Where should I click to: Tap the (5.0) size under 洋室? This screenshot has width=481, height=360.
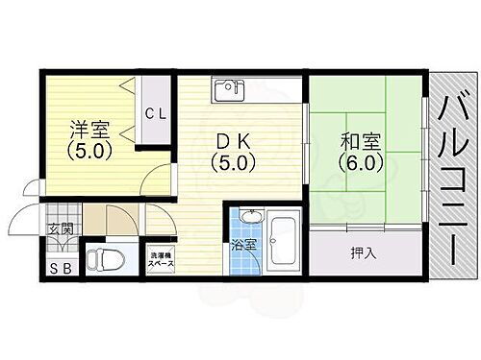tap(89, 152)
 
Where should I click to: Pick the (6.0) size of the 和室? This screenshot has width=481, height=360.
tap(362, 162)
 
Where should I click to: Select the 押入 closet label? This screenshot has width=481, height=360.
tap(362, 254)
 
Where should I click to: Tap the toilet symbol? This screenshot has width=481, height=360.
tap(103, 258)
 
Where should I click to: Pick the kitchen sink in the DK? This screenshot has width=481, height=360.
tap(229, 90)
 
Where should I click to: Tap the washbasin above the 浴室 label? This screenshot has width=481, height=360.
tap(250, 216)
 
